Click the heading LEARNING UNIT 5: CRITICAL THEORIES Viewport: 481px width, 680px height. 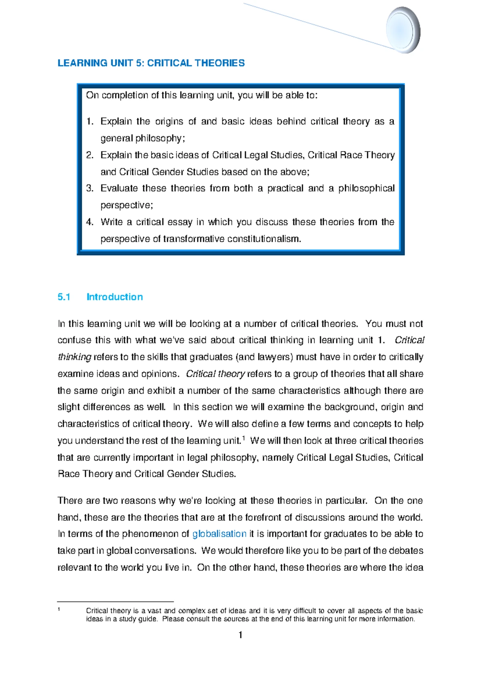coord(151,63)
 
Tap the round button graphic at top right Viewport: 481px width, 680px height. coord(402,30)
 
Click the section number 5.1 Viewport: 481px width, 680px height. coord(64,297)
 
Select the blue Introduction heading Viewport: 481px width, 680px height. coord(115,297)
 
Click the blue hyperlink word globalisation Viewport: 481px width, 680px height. coord(219,534)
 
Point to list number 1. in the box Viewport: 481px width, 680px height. coord(90,121)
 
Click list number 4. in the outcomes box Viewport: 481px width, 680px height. coord(90,222)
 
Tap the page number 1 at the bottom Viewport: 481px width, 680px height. coord(240,635)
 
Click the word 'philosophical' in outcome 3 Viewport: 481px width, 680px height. coord(366,188)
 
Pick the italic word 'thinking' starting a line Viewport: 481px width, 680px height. coord(75,357)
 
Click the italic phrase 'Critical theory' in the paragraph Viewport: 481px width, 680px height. coord(215,374)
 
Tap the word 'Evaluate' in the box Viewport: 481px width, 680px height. coord(119,188)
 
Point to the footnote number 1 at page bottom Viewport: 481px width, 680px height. coord(59,609)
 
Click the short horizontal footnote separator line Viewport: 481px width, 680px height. coord(115,601)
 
